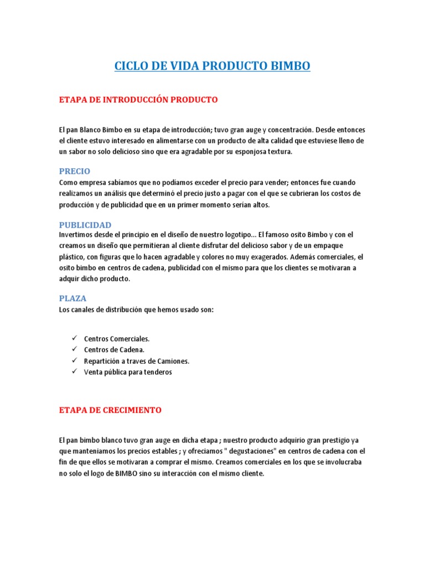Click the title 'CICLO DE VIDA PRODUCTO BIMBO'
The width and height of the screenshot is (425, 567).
[x=212, y=66]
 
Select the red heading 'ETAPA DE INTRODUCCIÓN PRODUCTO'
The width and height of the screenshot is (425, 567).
[x=138, y=100]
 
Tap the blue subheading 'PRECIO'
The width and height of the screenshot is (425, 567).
[x=75, y=171]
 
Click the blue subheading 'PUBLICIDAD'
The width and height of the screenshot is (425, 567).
[x=85, y=225]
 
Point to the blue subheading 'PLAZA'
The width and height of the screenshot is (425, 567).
[x=73, y=298]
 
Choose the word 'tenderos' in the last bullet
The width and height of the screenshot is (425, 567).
[x=159, y=372]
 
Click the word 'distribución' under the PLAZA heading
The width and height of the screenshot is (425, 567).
[x=135, y=310]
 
